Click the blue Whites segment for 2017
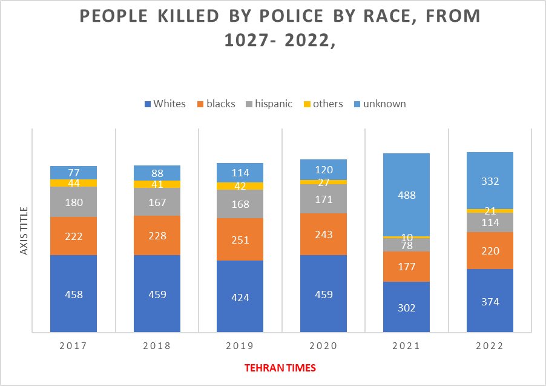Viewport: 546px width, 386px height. click(74, 294)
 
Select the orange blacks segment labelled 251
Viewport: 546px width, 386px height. click(240, 239)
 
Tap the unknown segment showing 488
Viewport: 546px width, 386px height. click(407, 195)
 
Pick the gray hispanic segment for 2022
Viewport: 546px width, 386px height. click(490, 222)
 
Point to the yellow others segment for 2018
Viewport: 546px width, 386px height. click(157, 184)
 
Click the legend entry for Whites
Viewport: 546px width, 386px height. click(165, 104)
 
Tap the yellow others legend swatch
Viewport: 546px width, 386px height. click(307, 104)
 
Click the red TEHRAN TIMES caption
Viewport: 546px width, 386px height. click(280, 368)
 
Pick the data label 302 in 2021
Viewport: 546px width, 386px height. click(407, 307)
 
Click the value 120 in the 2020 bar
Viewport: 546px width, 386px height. click(324, 169)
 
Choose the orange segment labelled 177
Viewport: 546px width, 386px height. click(407, 266)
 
